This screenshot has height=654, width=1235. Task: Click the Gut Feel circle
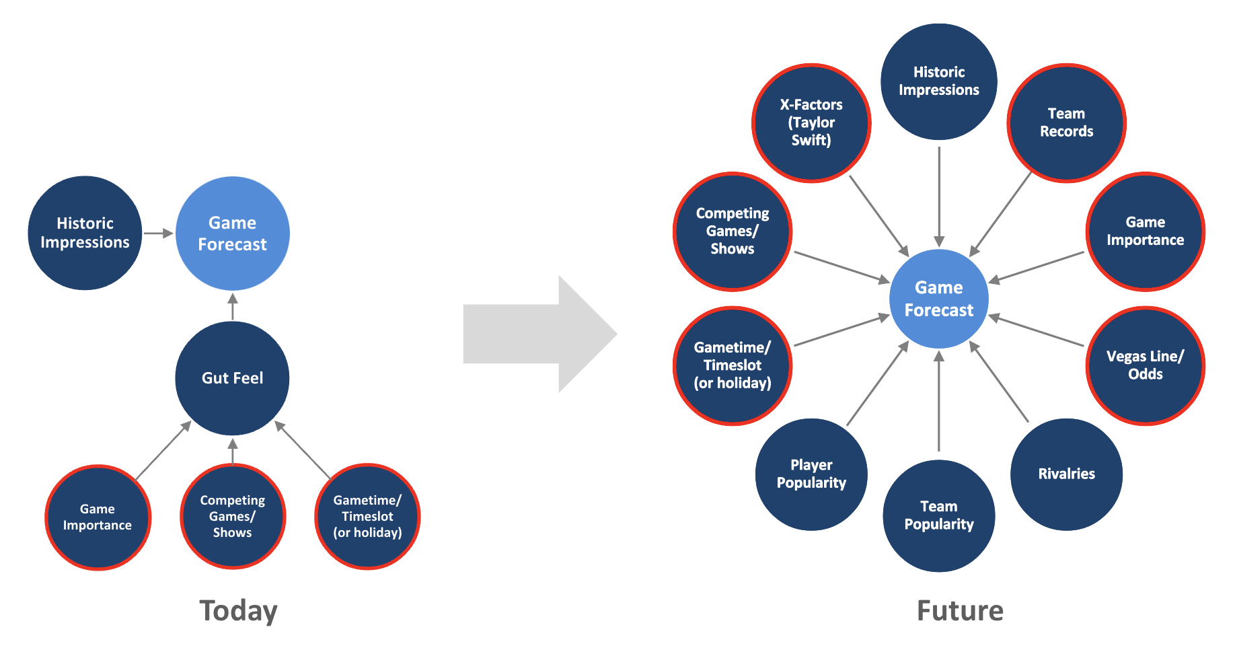click(232, 378)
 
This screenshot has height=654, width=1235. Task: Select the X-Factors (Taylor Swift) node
click(811, 122)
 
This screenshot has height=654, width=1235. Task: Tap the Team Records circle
click(1066, 122)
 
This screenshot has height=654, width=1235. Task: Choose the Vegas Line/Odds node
click(1145, 365)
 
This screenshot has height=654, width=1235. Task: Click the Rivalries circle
click(1066, 474)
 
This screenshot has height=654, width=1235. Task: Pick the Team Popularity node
click(938, 515)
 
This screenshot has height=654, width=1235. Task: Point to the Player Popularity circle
click(811, 474)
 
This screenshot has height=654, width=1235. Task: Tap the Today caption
click(238, 610)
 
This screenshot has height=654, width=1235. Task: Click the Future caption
click(960, 610)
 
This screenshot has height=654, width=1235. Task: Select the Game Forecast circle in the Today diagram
click(232, 233)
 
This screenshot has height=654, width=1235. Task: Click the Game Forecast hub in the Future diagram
click(938, 299)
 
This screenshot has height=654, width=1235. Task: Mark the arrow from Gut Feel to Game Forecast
click(233, 307)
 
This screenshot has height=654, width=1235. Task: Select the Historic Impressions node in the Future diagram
click(938, 81)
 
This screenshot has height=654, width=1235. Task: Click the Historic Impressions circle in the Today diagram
click(85, 233)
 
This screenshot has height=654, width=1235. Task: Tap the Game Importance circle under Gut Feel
click(98, 517)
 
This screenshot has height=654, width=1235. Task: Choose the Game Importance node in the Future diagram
click(1145, 231)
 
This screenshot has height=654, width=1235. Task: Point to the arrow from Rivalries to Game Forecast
click(999, 382)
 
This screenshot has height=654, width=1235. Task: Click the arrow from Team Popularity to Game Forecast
click(939, 401)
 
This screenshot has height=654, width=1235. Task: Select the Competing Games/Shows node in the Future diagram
click(733, 231)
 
